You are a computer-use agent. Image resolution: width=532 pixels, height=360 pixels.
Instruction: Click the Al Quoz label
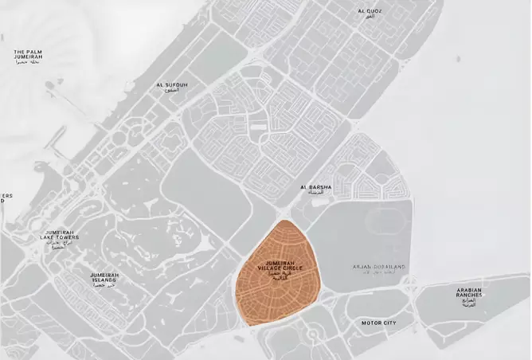[371, 11]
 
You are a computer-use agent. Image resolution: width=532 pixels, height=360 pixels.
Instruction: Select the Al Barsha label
[315, 187]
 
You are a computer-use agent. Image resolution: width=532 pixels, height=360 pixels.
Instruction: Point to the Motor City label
[378, 323]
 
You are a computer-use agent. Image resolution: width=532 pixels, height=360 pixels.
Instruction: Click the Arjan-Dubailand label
[380, 266]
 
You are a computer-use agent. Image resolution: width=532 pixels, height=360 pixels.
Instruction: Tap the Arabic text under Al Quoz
[371, 17]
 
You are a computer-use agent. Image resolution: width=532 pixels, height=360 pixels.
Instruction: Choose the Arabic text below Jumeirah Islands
[104, 285]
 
